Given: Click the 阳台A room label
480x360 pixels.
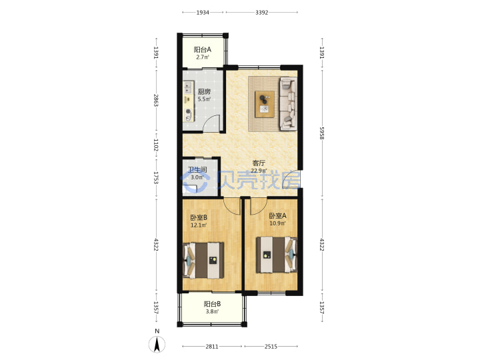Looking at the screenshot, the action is (x=203, y=49).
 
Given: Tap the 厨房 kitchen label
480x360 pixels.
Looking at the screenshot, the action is (x=204, y=91).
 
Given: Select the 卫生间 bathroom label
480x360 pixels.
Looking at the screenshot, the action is (x=197, y=169).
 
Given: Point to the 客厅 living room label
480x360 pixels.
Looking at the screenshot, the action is (x=259, y=163).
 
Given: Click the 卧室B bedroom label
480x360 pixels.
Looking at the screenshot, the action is (x=199, y=217).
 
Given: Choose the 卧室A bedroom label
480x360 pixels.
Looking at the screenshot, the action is (x=277, y=216).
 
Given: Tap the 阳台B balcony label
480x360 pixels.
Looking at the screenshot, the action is (x=212, y=304).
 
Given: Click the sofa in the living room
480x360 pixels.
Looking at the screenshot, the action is (x=288, y=104).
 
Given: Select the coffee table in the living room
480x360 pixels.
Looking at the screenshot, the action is (x=265, y=104).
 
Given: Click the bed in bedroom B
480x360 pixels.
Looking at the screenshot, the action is (x=203, y=261).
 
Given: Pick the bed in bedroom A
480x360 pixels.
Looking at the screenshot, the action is (x=277, y=255).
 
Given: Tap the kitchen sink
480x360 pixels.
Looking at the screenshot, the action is (x=188, y=87).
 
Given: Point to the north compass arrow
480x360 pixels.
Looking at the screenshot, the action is (x=157, y=344).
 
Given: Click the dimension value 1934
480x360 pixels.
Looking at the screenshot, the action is (x=203, y=13).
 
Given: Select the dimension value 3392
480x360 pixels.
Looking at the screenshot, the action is (x=262, y=13).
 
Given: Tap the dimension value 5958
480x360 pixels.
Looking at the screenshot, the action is (x=322, y=133).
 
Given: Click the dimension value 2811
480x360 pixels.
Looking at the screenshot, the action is (x=212, y=347).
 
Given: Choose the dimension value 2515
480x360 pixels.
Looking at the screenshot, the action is (x=271, y=347).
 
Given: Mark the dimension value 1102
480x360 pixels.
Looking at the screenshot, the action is (x=156, y=145).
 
